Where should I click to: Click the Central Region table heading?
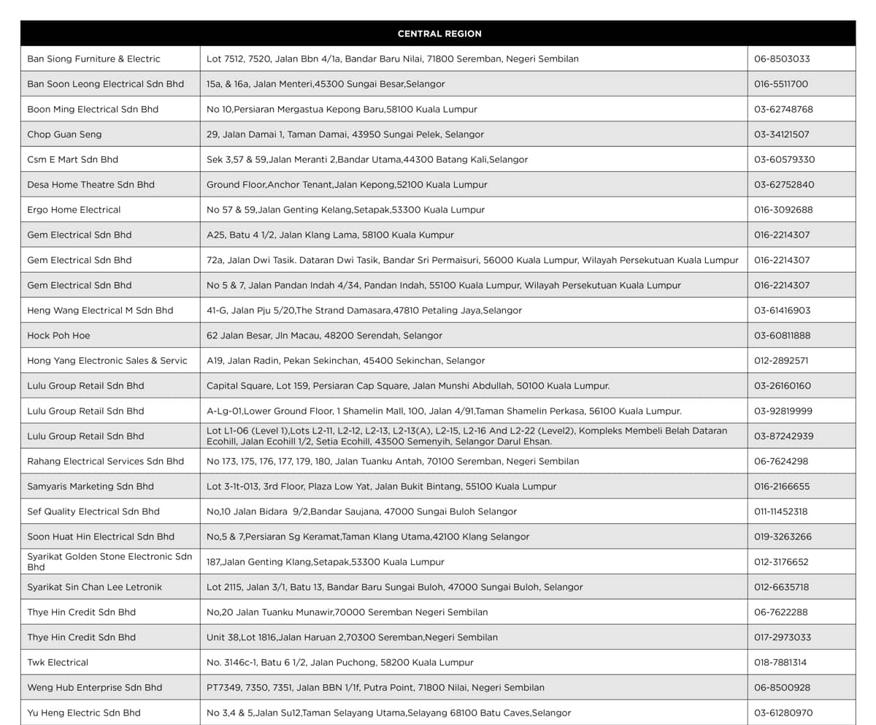point(439,34)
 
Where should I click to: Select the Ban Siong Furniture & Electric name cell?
point(93,58)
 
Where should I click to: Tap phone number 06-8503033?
point(782,58)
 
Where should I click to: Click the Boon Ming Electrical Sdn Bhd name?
point(93,109)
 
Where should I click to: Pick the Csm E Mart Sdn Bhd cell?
point(72,159)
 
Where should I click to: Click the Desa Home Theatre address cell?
point(347,185)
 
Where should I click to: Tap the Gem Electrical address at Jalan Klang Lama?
point(330,235)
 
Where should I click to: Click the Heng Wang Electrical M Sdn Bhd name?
point(100,311)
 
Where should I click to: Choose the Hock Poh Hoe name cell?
point(58,335)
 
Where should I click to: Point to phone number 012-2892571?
point(781,360)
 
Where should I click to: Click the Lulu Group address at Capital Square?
point(408,386)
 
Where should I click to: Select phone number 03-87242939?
point(783,436)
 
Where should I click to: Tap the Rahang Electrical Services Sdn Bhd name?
point(106,461)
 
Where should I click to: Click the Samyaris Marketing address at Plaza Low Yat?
point(381,487)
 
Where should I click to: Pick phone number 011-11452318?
point(781,512)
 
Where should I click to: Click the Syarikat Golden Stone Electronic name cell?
point(109,561)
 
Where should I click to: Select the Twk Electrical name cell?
point(58,662)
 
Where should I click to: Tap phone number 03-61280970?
point(783,713)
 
